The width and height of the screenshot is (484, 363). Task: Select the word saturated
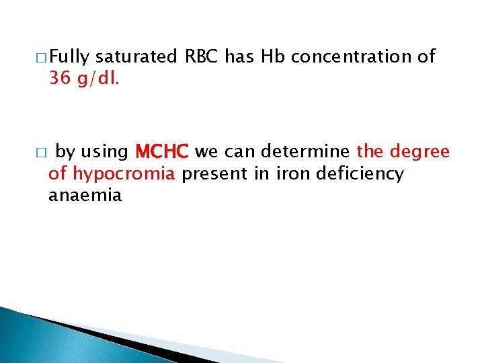[136, 58]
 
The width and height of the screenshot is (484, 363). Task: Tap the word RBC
[202, 58]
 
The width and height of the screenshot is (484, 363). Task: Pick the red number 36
[60, 79]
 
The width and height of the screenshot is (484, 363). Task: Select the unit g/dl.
[99, 79]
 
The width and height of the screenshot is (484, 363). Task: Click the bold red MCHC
[163, 152]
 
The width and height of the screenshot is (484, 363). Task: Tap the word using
[104, 152]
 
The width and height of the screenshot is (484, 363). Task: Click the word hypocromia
[124, 174]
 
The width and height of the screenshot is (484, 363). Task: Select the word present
[214, 174]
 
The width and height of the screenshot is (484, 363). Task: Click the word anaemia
[85, 196]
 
